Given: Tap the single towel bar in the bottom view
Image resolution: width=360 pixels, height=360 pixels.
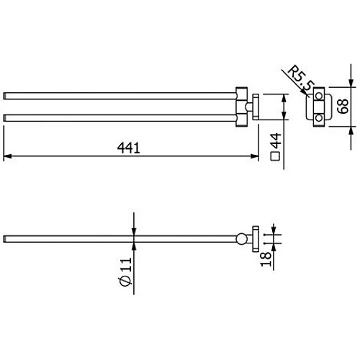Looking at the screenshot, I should [122, 238].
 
